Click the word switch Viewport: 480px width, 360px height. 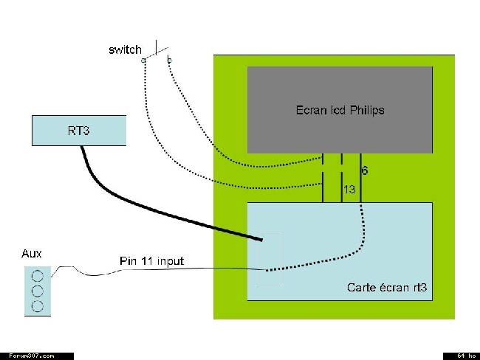pos(125,49)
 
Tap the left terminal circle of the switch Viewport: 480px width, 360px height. pos(143,60)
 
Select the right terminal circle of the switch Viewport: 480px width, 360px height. pos(170,60)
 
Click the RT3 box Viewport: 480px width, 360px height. pos(79,131)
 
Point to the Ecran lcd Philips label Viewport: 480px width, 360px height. pos(340,110)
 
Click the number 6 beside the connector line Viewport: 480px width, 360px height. pos(365,170)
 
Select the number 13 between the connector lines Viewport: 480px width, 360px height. pos(349,190)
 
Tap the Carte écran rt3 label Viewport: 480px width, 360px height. pos(387,288)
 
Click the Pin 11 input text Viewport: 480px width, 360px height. pos(152,261)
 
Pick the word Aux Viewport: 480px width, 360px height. pos(32,254)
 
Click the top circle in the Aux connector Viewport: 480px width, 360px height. pos(38,276)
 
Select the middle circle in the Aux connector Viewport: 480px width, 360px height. pos(38,291)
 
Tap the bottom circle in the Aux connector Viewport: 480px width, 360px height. pos(38,306)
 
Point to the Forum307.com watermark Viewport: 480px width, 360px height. pos(32,356)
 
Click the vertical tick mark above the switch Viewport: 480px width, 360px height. pos(157,47)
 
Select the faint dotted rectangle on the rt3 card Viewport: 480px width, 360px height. pos(257,260)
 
